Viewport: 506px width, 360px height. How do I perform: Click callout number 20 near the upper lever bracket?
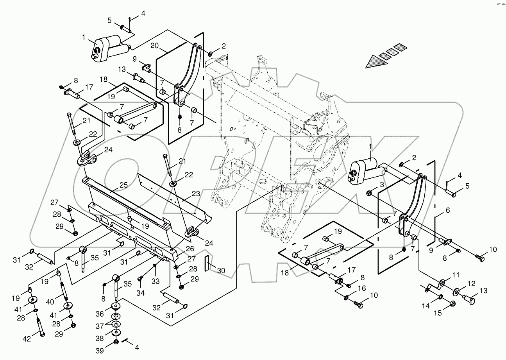[155, 46]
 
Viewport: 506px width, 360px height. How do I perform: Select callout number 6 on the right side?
[448, 210]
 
